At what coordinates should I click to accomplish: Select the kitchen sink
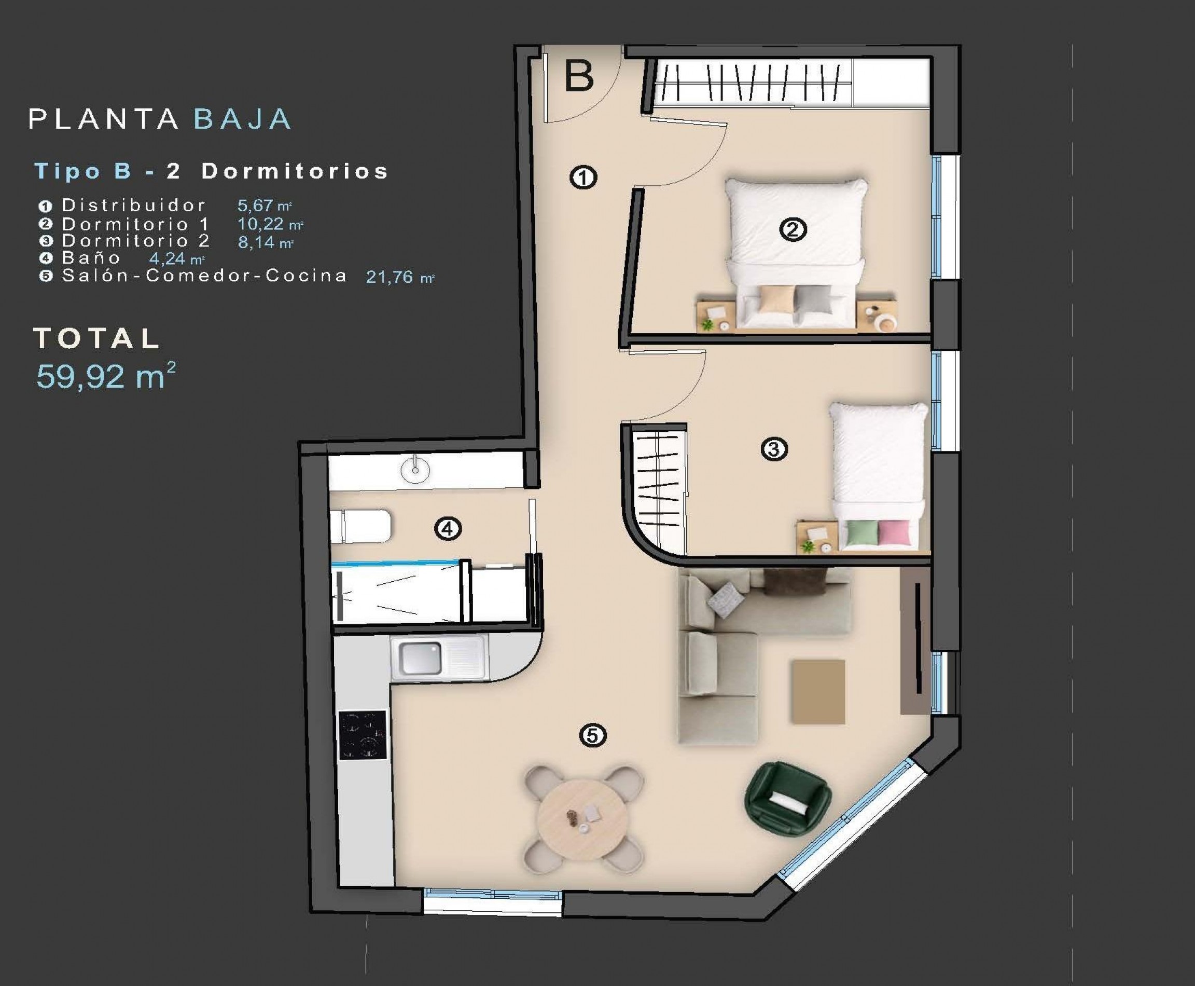tap(420, 658)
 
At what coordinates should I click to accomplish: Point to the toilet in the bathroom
tap(362, 526)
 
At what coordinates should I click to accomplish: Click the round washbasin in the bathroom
tap(415, 470)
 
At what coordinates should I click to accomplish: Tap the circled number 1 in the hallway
tap(583, 178)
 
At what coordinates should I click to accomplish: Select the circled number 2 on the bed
tap(793, 229)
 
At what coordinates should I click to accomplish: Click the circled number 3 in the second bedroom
tap(774, 449)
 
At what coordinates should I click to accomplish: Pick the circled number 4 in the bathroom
tap(448, 529)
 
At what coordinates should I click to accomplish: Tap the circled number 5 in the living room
tap(593, 736)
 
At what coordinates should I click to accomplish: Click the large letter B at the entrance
tap(579, 76)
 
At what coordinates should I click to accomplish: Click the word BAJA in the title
tap(242, 119)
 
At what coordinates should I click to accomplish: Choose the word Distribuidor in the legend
tap(133, 205)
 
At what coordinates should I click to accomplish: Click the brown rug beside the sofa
tap(818, 691)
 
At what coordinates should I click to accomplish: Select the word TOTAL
tap(97, 338)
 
